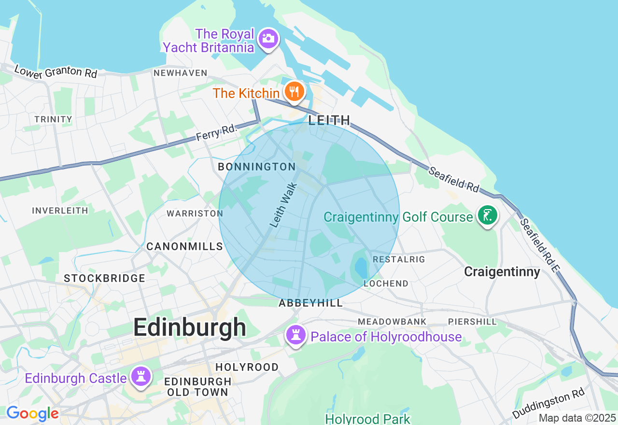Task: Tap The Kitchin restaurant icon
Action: pyautogui.click(x=294, y=91)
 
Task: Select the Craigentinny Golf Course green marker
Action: pyautogui.click(x=487, y=215)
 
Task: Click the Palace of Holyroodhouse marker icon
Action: pyautogui.click(x=295, y=334)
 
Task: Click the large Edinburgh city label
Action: pyautogui.click(x=190, y=328)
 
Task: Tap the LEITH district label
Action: pyautogui.click(x=329, y=120)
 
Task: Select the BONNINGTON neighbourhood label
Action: pyautogui.click(x=257, y=167)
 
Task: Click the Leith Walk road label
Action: pyautogui.click(x=283, y=204)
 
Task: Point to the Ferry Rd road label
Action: pyautogui.click(x=217, y=132)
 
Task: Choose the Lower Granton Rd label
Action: pyautogui.click(x=56, y=71)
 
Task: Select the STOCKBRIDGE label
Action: pyautogui.click(x=104, y=278)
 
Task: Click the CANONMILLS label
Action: pyautogui.click(x=184, y=246)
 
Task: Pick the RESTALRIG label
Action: pyautogui.click(x=399, y=259)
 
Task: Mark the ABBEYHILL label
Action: pyautogui.click(x=310, y=303)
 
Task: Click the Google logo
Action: pyautogui.click(x=32, y=413)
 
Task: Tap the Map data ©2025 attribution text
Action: pyautogui.click(x=577, y=418)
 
